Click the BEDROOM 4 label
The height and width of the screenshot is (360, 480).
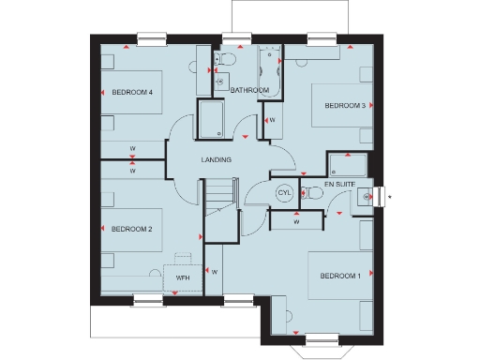132,92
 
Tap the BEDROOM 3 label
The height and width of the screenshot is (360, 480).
345,106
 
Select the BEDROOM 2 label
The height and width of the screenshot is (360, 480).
132,229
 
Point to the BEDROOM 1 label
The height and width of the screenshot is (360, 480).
339,276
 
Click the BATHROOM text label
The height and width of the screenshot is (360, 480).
250,90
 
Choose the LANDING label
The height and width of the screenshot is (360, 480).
217,160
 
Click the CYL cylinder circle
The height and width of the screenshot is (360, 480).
284,193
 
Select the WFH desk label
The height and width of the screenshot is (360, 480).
183,277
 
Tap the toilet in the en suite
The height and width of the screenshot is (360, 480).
315,194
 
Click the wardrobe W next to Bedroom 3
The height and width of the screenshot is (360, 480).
272,121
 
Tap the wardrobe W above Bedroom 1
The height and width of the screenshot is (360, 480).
296,222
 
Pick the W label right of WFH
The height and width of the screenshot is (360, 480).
215,272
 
